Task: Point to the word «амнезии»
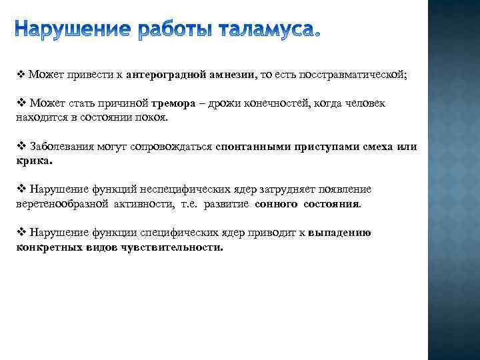[x=231, y=75]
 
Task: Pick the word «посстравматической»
[x=353, y=75]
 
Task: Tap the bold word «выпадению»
[x=340, y=233]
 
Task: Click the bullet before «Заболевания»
[x=20, y=146]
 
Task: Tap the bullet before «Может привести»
[x=20, y=75]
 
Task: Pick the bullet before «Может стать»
[x=20, y=104]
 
